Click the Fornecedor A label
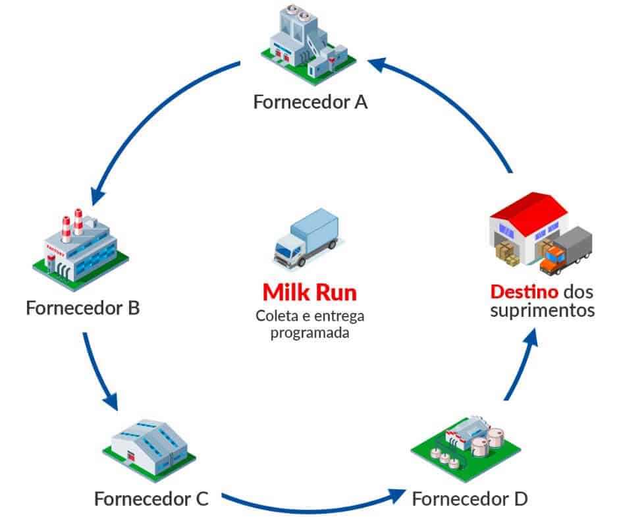(x=310, y=103)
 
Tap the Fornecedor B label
(x=83, y=308)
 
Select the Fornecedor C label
(x=151, y=499)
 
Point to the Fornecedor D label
(x=470, y=499)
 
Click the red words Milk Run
(x=309, y=292)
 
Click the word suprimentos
(x=542, y=310)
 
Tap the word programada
(x=309, y=333)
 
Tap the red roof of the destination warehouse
(x=530, y=209)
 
